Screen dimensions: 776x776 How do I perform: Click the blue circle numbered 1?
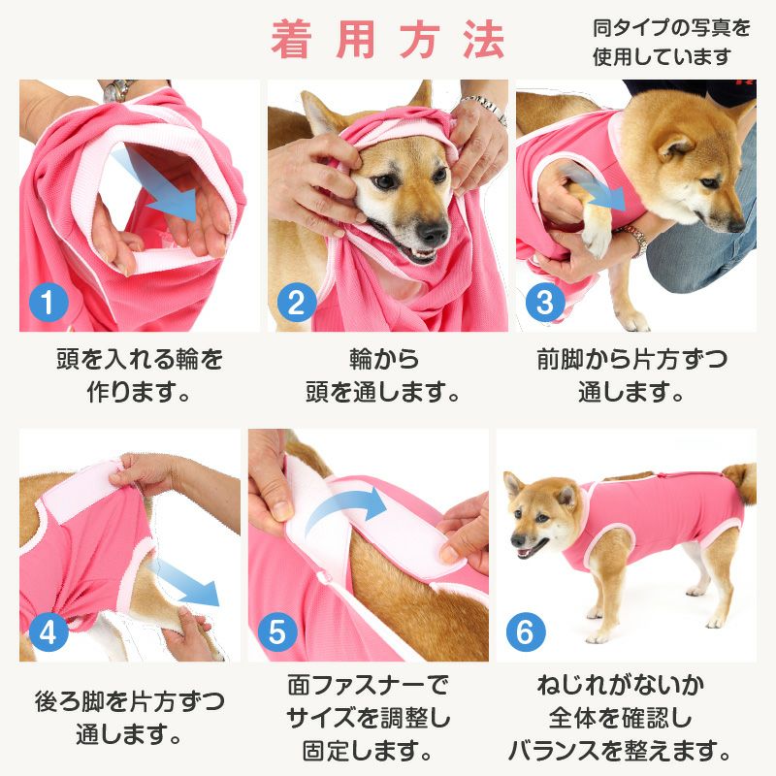pyautogui.click(x=48, y=303)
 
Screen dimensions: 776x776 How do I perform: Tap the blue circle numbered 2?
pyautogui.click(x=297, y=303)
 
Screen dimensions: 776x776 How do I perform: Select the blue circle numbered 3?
pyautogui.click(x=545, y=303)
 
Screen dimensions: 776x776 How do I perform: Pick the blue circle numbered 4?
pyautogui.click(x=48, y=632)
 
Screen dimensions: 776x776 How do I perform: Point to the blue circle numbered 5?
pyautogui.click(x=277, y=632)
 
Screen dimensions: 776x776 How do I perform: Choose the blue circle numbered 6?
pyautogui.click(x=526, y=632)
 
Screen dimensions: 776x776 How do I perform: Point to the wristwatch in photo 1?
pyautogui.click(x=118, y=90)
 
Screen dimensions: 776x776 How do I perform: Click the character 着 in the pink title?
pyautogui.click(x=292, y=40)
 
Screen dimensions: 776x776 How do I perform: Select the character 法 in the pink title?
pyautogui.click(x=483, y=40)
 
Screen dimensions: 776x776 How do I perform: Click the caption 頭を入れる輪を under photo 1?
pyautogui.click(x=140, y=359)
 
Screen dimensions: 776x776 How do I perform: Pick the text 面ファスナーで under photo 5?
pyautogui.click(x=368, y=686)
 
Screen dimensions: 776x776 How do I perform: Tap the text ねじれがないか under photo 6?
pyautogui.click(x=621, y=686)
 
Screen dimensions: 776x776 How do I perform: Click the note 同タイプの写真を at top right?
pyautogui.click(x=671, y=28)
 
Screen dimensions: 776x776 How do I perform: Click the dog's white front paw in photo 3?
pyautogui.click(x=598, y=239)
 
